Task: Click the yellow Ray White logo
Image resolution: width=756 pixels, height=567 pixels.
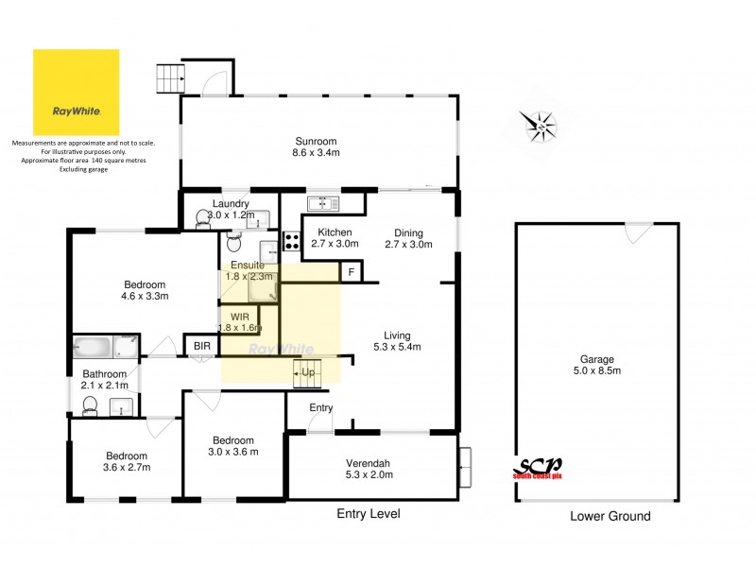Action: [x=77, y=93]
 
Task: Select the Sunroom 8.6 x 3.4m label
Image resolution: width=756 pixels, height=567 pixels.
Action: [x=316, y=146]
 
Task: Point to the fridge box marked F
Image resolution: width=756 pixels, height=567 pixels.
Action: [x=352, y=273]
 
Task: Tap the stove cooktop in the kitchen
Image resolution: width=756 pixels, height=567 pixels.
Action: [x=292, y=242]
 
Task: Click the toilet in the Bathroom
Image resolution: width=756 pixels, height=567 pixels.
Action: [x=90, y=405]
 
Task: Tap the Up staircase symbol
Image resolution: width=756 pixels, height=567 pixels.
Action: [x=307, y=372]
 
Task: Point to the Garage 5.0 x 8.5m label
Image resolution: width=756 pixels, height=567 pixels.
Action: [x=597, y=365]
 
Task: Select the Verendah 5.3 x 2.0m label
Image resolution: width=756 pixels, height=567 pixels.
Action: [x=370, y=469]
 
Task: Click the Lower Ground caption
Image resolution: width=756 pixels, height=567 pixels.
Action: [x=610, y=517]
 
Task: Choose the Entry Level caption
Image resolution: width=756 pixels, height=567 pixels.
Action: [x=369, y=514]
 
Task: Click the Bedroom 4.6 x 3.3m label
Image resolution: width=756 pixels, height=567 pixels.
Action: [x=146, y=290]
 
